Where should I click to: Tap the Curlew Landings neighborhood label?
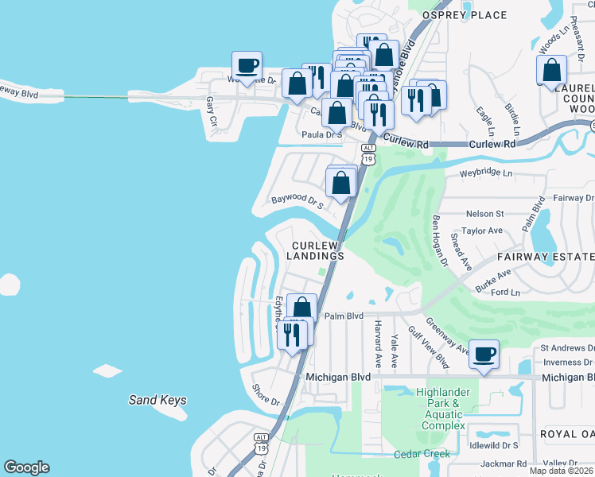point(317,250)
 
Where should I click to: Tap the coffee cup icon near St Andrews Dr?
point(484,354)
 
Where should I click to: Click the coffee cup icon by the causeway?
point(247,66)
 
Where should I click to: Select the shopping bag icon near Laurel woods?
point(551,71)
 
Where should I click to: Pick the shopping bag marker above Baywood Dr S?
point(341,182)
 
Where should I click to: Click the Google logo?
point(26,467)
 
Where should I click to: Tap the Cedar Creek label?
point(422,454)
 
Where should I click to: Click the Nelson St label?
point(485,213)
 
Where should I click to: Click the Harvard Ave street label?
point(379,343)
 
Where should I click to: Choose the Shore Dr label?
point(266,394)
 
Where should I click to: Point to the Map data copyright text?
point(562,471)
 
